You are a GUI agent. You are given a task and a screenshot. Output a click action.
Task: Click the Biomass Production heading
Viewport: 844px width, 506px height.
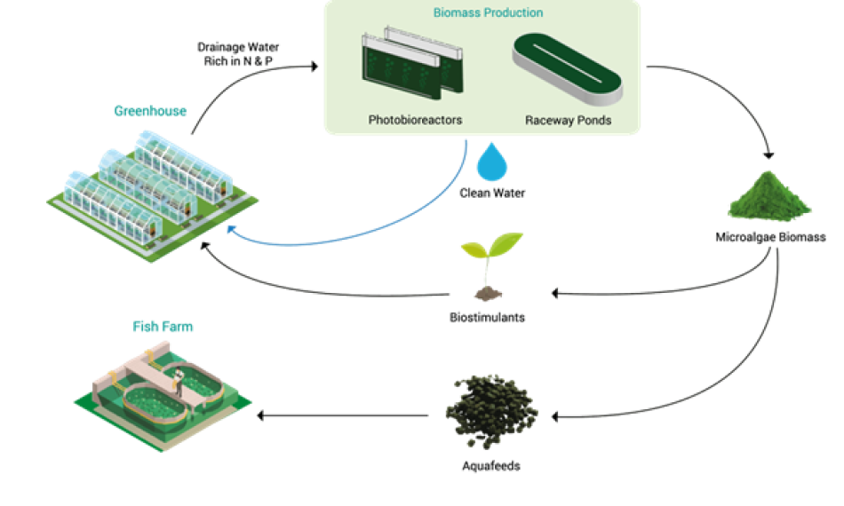[x=488, y=13]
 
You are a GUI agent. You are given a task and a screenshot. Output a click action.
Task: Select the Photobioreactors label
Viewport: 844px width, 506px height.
[x=415, y=120]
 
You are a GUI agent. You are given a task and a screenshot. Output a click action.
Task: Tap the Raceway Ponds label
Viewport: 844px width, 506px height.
[x=568, y=120]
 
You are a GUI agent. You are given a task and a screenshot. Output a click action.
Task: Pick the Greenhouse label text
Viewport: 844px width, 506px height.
[x=149, y=111]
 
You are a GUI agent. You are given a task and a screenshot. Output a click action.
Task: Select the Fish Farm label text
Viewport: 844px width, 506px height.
[x=163, y=327]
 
